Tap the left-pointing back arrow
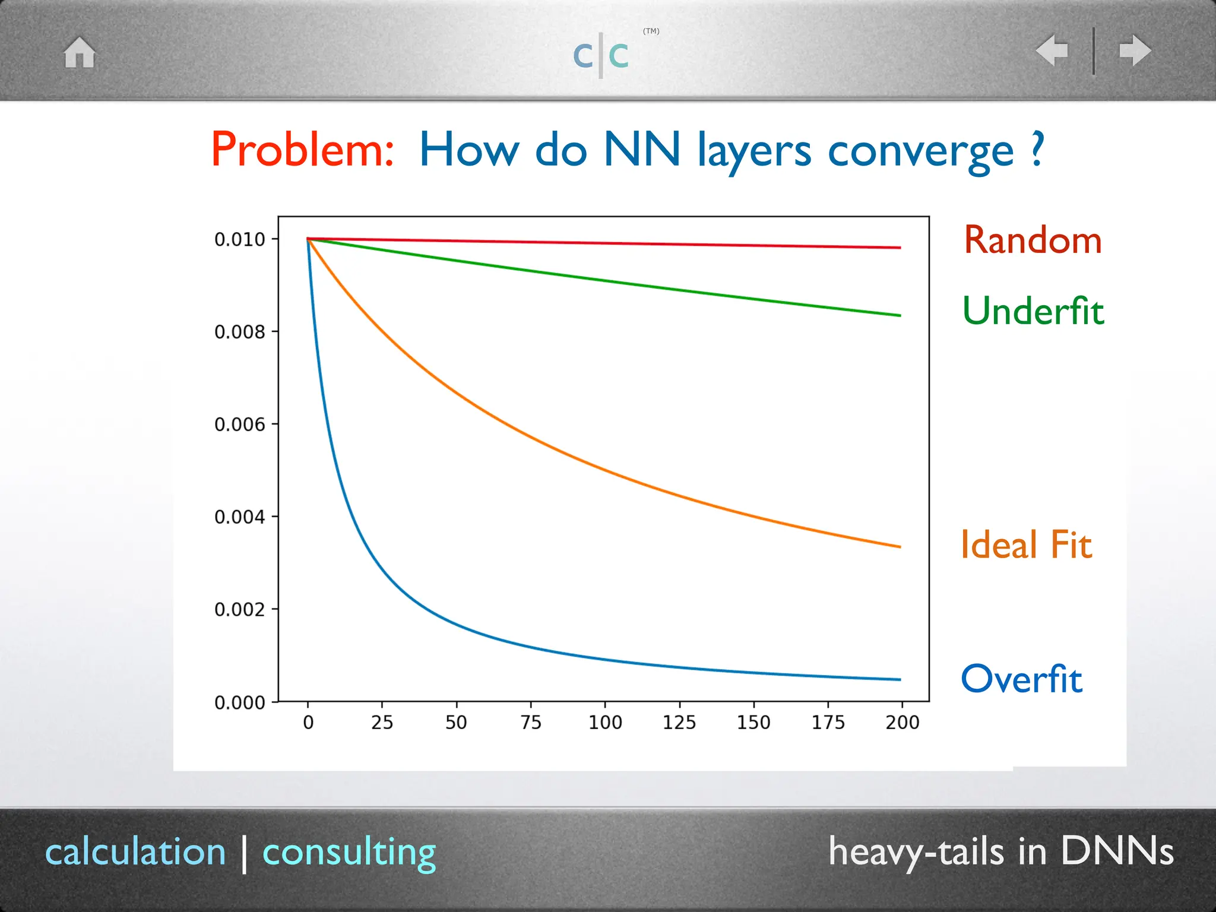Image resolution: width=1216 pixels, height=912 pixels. coord(1052,50)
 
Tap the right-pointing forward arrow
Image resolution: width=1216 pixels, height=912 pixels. coord(1135,50)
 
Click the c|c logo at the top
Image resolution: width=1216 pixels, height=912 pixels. coord(601,55)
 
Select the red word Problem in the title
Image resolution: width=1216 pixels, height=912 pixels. coord(302,150)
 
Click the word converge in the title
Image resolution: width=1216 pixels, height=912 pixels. coord(920,151)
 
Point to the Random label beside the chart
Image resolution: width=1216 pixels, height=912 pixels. coord(1033,240)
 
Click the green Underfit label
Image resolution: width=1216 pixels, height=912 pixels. coord(1033,311)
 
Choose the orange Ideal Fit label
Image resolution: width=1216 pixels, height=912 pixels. coord(1026,544)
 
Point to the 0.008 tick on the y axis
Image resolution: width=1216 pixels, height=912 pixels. coord(240,332)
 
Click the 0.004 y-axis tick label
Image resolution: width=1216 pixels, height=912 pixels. coord(240,517)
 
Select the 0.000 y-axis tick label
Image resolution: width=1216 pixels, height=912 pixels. coord(240,703)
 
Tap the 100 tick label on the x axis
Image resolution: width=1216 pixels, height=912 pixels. coord(605,723)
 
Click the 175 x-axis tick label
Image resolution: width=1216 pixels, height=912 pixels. coord(828,723)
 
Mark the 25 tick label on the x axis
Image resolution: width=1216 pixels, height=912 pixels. coord(382,723)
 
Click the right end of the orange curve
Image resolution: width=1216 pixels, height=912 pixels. coord(899,546)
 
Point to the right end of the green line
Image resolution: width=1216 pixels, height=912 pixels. coord(899,315)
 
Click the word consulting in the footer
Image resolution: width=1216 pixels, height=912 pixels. coord(349,853)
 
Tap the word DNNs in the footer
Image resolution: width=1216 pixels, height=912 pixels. coord(1117,851)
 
